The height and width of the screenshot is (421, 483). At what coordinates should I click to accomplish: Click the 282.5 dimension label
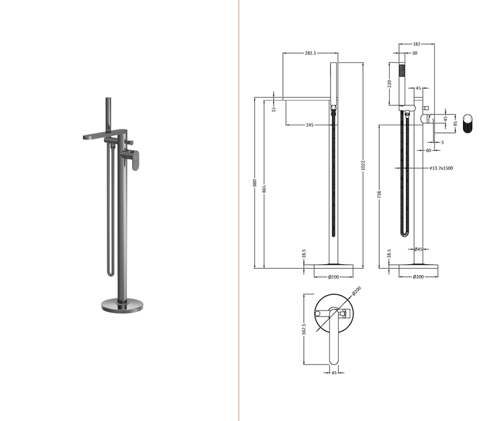310,52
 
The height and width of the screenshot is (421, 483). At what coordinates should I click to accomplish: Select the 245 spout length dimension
310,125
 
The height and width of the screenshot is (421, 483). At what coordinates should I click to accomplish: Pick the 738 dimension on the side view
380,195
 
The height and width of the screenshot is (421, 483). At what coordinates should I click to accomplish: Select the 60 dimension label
428,150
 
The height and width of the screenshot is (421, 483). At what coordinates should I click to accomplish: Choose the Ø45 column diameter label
417,249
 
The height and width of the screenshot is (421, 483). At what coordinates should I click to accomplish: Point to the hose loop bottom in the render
109,277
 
